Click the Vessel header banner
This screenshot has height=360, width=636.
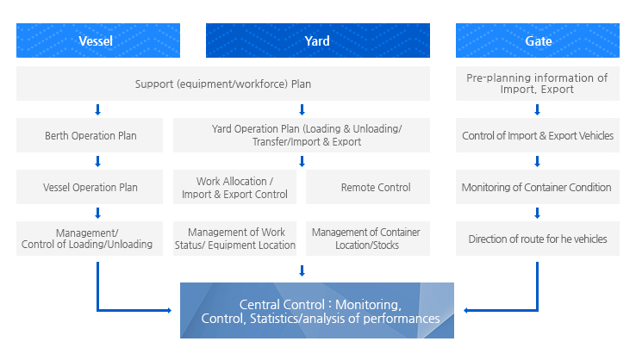pos(98,40)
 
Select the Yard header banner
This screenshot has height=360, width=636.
pos(318,40)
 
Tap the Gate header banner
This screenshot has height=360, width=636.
pos(538,40)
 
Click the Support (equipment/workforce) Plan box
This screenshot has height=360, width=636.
pos(223,84)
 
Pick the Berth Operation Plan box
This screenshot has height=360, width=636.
pos(90,135)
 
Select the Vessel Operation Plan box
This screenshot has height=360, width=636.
pos(90,187)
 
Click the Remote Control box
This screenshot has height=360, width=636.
pos(368,187)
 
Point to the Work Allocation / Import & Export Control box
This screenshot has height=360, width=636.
pos(235,187)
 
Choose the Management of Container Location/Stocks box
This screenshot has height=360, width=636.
pos(368,239)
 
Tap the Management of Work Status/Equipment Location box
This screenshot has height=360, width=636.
pos(235,239)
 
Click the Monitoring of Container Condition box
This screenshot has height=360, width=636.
pos(538,187)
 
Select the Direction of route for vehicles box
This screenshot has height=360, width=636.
pos(538,239)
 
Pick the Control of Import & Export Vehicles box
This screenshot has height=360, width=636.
pos(538,135)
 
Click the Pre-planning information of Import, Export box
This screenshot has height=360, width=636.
pos(538,84)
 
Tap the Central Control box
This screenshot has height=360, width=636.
pos(317,311)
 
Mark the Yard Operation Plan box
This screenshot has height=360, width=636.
pos(302,135)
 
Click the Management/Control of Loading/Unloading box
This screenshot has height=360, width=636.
pos(90,239)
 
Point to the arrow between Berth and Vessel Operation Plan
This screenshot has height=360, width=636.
pos(97,161)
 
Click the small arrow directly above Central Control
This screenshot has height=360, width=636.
pos(302,270)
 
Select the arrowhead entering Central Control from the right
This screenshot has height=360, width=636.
pos(466,311)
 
